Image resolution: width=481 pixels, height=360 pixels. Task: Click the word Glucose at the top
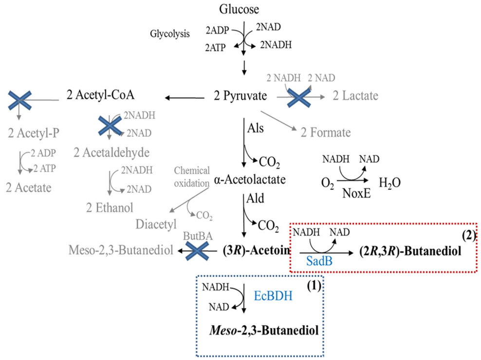[239, 9]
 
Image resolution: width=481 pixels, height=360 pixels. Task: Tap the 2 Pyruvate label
[240, 96]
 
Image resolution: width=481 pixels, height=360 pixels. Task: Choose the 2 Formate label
[325, 132]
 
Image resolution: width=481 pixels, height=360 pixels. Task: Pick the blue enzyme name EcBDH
[273, 296]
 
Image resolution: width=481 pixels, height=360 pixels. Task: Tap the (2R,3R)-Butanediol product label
[418, 252]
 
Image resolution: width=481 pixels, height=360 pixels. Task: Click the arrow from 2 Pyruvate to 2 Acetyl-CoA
[185, 98]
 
